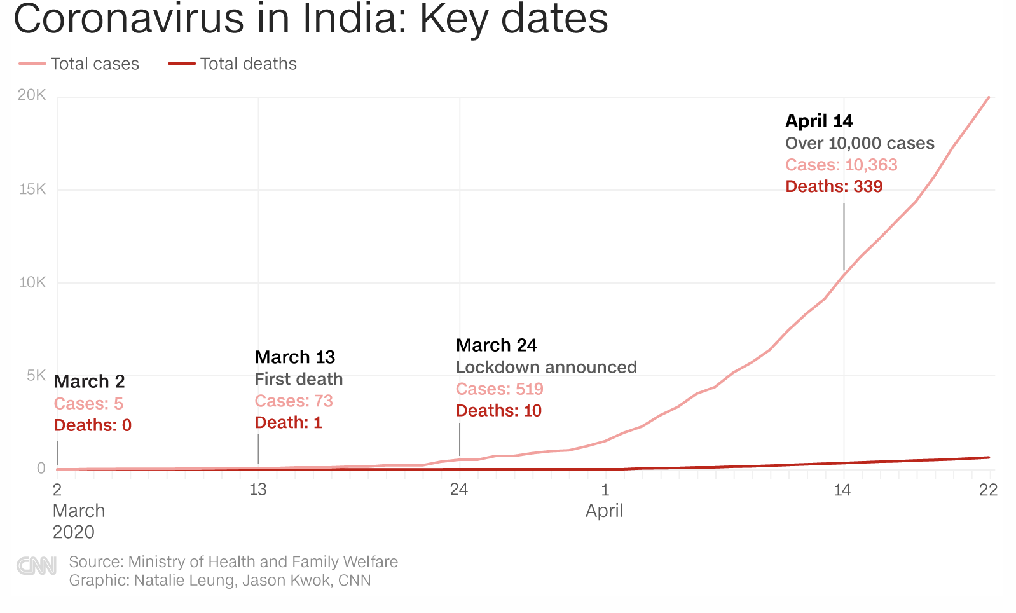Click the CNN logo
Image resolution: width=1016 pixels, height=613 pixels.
[36, 565]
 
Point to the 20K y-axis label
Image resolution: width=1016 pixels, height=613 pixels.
[32, 95]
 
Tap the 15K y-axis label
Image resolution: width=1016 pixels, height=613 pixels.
[32, 189]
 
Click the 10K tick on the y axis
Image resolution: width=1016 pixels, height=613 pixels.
[32, 282]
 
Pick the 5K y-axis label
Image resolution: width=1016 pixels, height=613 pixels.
[36, 376]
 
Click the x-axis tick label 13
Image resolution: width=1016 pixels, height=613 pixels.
[257, 490]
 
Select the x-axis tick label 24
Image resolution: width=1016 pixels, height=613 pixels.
[458, 490]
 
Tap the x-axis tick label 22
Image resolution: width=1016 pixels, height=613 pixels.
[988, 490]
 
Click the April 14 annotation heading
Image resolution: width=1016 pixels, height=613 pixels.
[819, 121]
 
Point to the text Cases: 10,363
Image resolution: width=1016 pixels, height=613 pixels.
[841, 165]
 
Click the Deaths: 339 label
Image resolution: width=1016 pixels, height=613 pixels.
[834, 186]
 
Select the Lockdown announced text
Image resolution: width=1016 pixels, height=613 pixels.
[546, 368]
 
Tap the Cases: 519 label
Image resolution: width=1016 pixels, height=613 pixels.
[499, 389]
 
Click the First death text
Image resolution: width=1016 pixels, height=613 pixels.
[299, 380]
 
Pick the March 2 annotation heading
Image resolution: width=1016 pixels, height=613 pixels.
[90, 382]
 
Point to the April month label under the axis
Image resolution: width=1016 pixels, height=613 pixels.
[604, 511]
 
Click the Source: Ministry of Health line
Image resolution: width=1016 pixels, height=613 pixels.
[233, 562]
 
